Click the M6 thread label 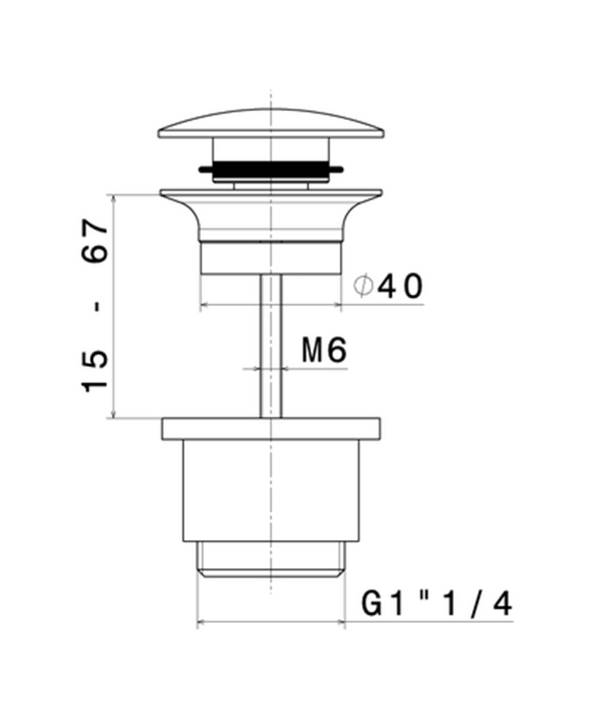(324, 351)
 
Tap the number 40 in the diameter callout (400, 286)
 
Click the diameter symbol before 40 (363, 286)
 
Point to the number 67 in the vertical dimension (95, 241)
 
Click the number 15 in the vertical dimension (95, 371)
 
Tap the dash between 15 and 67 (98, 307)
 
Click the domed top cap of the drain (271, 124)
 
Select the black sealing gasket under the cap (271, 169)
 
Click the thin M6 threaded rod (271, 346)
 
